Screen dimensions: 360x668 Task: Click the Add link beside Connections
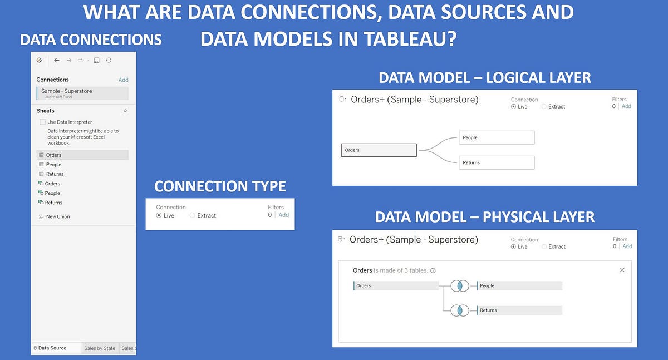[x=123, y=80]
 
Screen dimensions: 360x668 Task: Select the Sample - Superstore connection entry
[x=82, y=93]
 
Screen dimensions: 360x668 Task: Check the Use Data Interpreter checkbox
[x=43, y=122]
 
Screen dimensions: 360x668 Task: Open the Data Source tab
[x=51, y=348]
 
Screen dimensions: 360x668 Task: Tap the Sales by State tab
[x=100, y=348]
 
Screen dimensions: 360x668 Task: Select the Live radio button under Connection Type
[x=159, y=215]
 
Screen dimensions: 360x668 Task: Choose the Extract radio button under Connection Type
[x=193, y=215]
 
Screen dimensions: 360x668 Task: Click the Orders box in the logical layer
[x=379, y=150]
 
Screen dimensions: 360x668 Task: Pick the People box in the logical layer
[x=497, y=137]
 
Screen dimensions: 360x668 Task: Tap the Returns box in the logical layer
[x=497, y=162]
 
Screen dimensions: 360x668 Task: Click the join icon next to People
[x=460, y=285]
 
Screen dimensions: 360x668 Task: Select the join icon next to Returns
[x=460, y=310]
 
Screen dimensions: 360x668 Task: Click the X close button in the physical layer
[x=622, y=270]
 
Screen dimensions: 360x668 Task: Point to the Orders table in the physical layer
[x=396, y=285]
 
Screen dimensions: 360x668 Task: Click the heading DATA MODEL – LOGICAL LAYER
[x=484, y=78]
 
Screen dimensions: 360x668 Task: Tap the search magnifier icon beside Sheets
[x=125, y=111]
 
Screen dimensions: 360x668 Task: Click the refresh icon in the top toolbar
[x=109, y=60]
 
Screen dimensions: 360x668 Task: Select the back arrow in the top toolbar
[x=56, y=60]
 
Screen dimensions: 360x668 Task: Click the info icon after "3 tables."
[x=433, y=270]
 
